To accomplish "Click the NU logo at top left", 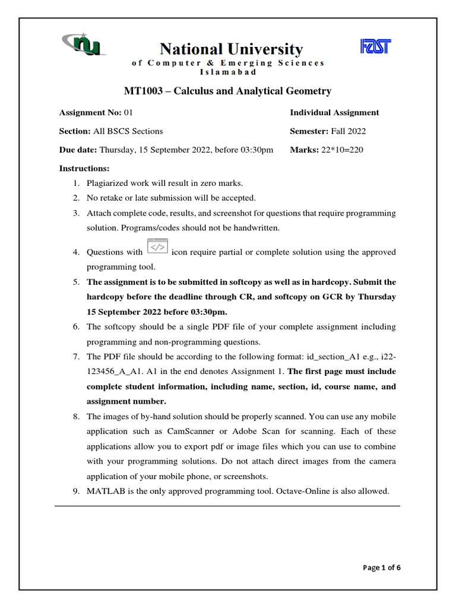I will point(83,46).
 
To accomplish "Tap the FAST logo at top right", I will point(376,47).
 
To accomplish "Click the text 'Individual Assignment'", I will point(334,112).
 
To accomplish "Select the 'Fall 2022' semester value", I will point(351,131).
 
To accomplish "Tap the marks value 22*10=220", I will point(343,150).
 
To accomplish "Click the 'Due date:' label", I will point(78,150).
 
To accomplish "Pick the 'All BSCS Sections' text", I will point(128,131).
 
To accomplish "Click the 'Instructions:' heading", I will point(84,169).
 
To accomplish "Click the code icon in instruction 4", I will point(157,246).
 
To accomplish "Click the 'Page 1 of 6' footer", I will point(382,568).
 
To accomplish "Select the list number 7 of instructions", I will point(76,357).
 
